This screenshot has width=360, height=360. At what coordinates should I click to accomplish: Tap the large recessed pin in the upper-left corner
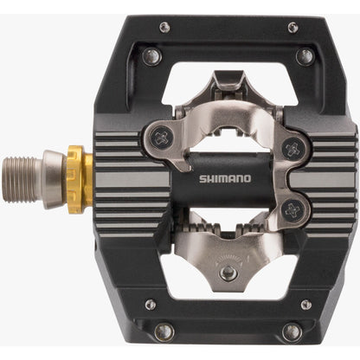(x=152, y=56)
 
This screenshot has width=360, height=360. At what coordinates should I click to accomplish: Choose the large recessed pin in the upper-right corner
(x=304, y=56)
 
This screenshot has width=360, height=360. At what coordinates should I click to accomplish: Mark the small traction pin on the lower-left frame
(x=151, y=305)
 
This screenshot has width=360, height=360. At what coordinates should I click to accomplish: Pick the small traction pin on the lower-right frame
(x=304, y=305)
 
